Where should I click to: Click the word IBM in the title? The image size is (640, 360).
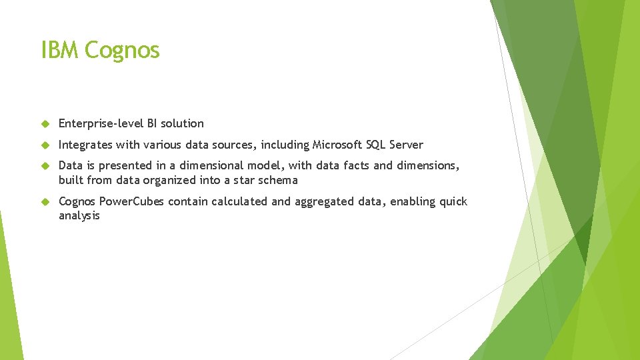click(x=60, y=50)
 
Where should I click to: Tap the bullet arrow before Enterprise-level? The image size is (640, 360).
click(x=45, y=123)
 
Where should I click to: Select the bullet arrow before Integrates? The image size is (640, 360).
click(x=45, y=145)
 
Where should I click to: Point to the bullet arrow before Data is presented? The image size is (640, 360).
click(x=45, y=166)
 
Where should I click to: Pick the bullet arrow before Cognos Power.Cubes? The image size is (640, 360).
click(x=45, y=202)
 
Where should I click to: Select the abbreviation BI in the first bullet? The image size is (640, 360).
click(x=148, y=123)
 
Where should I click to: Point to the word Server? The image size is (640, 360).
click(x=407, y=145)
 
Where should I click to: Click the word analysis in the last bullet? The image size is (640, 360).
click(x=79, y=216)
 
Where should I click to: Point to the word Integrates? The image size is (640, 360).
click(x=85, y=145)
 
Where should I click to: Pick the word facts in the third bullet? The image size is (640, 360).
click(x=357, y=165)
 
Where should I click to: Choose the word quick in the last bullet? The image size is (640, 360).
click(x=453, y=201)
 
